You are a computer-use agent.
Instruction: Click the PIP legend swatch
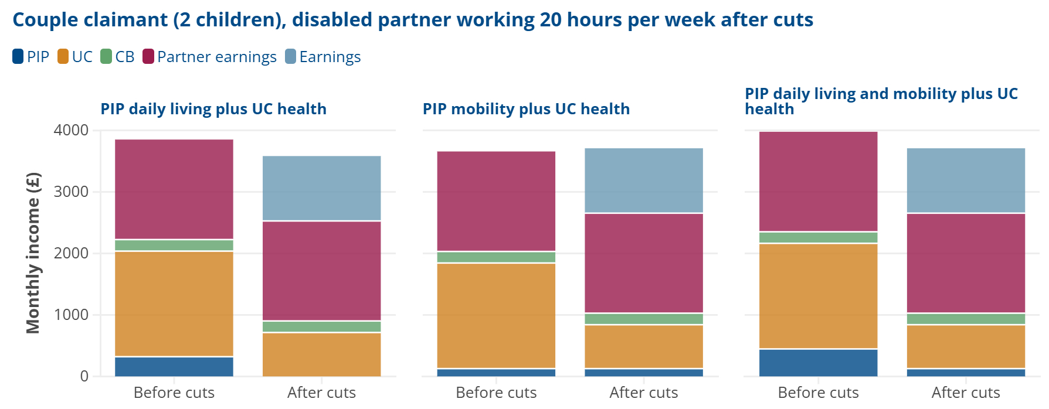18,57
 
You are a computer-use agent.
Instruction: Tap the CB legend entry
118,57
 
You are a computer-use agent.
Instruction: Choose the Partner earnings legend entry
209,57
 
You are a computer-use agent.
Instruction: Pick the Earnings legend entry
323,57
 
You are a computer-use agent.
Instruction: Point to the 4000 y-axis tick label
71,130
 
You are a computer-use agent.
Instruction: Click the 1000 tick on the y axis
71,315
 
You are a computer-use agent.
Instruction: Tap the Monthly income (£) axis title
33,253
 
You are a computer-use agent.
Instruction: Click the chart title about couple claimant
413,20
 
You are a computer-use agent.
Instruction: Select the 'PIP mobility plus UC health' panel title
526,109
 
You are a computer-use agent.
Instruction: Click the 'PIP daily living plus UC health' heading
213,109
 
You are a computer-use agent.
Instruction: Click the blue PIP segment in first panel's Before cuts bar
174,367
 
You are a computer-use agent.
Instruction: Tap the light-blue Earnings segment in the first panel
321,188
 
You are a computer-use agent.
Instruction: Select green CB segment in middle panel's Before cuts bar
496,257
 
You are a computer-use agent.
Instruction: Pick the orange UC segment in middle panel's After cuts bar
643,346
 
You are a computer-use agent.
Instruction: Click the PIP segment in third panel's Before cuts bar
818,363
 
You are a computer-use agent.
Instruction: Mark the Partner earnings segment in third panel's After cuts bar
966,263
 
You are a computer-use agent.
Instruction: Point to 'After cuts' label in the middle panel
643,393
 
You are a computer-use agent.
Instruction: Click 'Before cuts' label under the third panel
818,393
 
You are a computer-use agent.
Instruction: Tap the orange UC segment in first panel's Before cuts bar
174,304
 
